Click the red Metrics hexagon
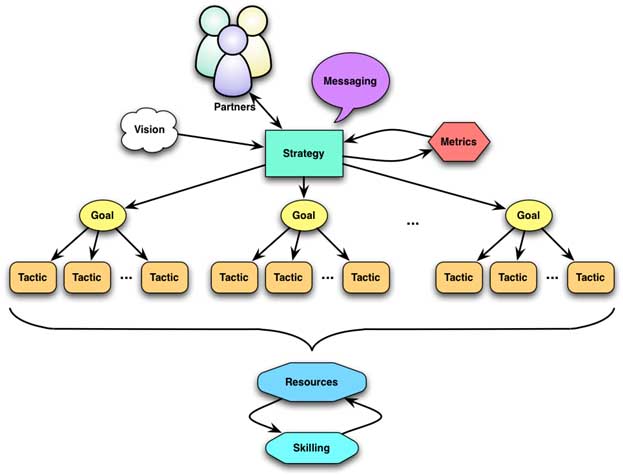pos(459,144)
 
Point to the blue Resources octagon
pos(311,382)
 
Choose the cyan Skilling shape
pos(311,446)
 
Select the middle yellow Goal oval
pos(304,214)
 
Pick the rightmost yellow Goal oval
pos(529,214)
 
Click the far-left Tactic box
pos(33,277)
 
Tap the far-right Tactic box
pos(591,277)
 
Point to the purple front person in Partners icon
pos(233,63)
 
